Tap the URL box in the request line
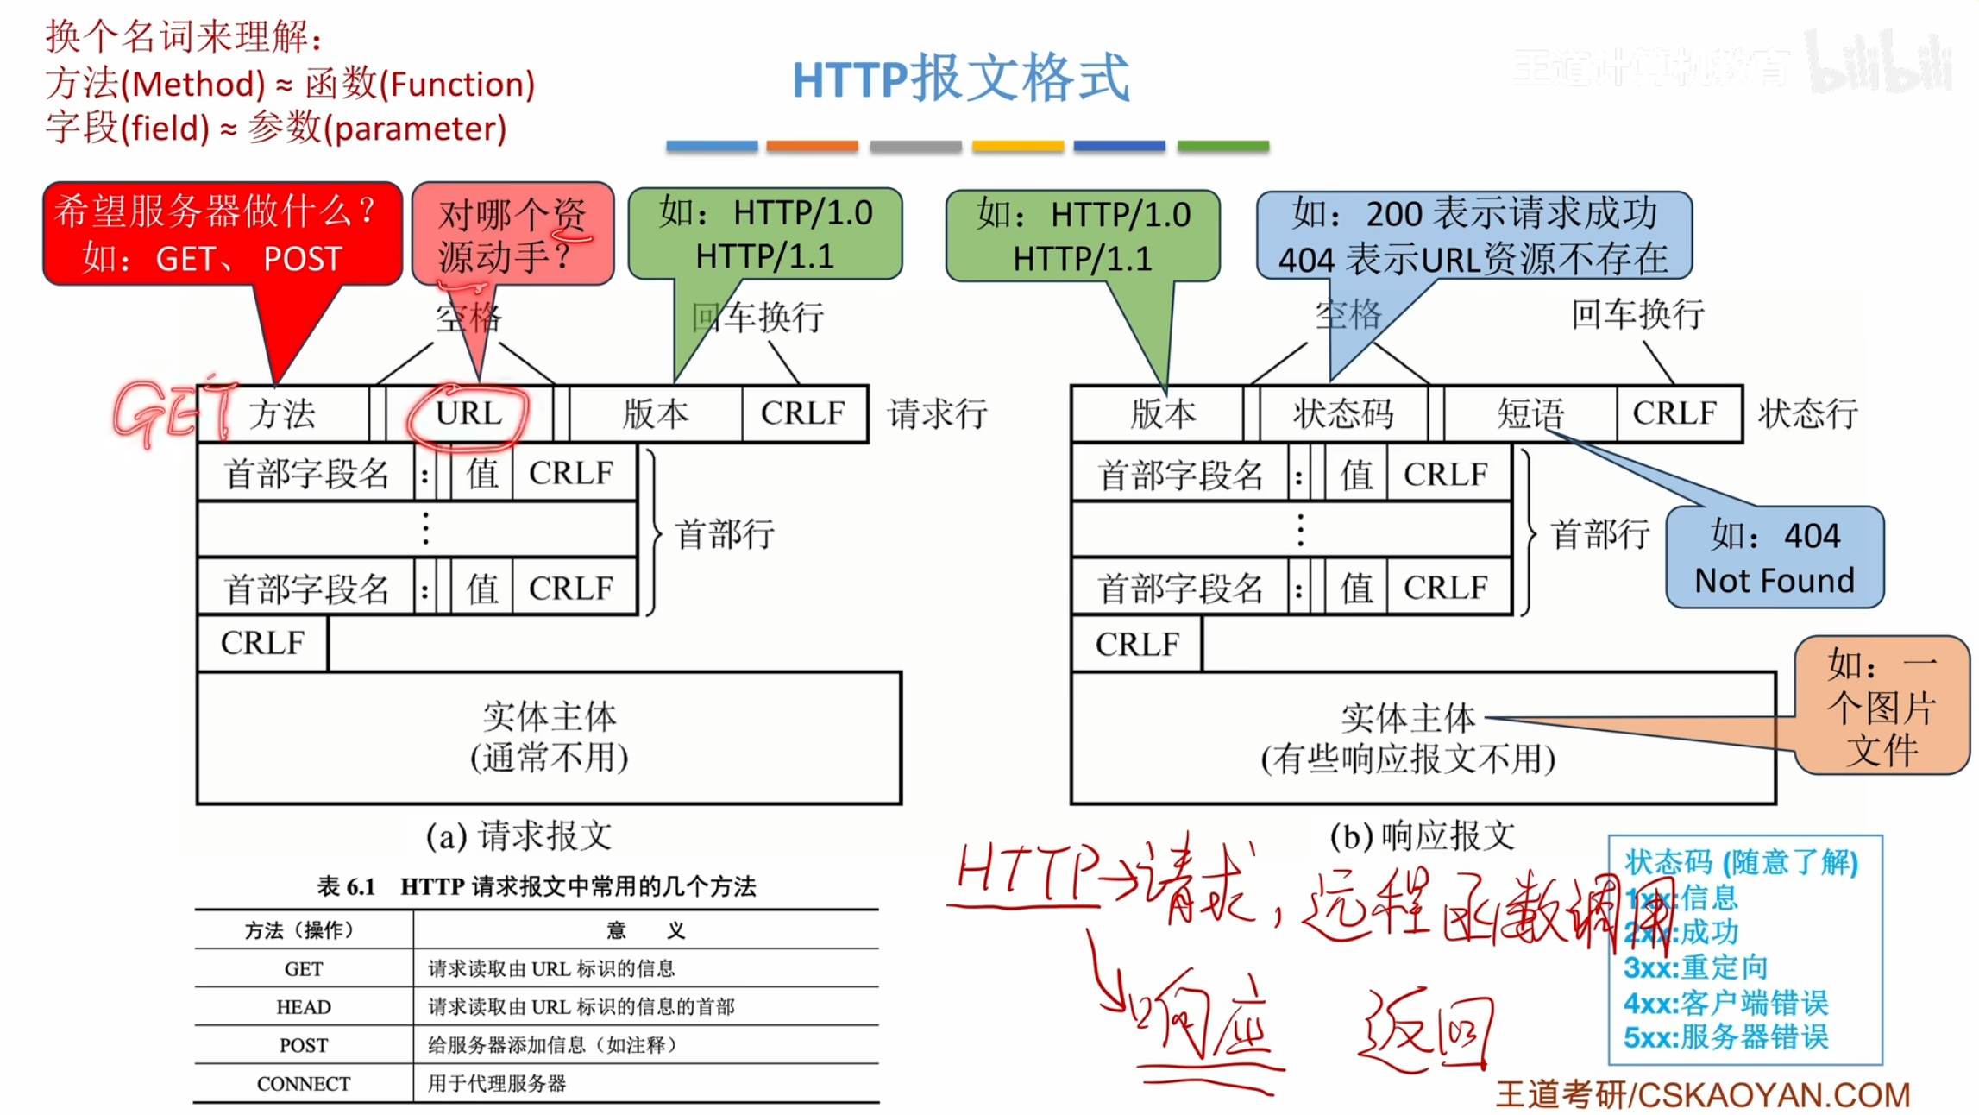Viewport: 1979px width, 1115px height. point(469,413)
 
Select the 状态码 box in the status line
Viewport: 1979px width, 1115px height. point(1342,414)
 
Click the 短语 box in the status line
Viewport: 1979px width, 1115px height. point(1530,414)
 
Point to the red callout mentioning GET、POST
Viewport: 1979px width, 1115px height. point(222,234)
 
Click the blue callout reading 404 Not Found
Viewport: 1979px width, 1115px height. point(1774,557)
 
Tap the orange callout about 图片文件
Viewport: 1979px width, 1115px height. point(1882,707)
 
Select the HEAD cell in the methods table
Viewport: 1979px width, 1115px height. point(303,1006)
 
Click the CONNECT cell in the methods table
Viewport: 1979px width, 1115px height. point(303,1083)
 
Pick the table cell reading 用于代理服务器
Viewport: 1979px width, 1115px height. point(497,1083)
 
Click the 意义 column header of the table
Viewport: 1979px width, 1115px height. point(645,930)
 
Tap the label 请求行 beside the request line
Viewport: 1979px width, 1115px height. point(937,414)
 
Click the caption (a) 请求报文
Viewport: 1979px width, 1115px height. point(518,835)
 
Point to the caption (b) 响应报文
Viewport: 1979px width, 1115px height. point(1422,835)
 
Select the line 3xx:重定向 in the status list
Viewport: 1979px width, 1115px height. point(1695,967)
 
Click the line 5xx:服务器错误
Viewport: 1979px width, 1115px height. point(1725,1036)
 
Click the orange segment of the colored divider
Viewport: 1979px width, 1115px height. point(812,147)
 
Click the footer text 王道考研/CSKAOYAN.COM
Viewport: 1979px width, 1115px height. point(1702,1094)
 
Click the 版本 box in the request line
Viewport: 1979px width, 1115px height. point(656,414)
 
